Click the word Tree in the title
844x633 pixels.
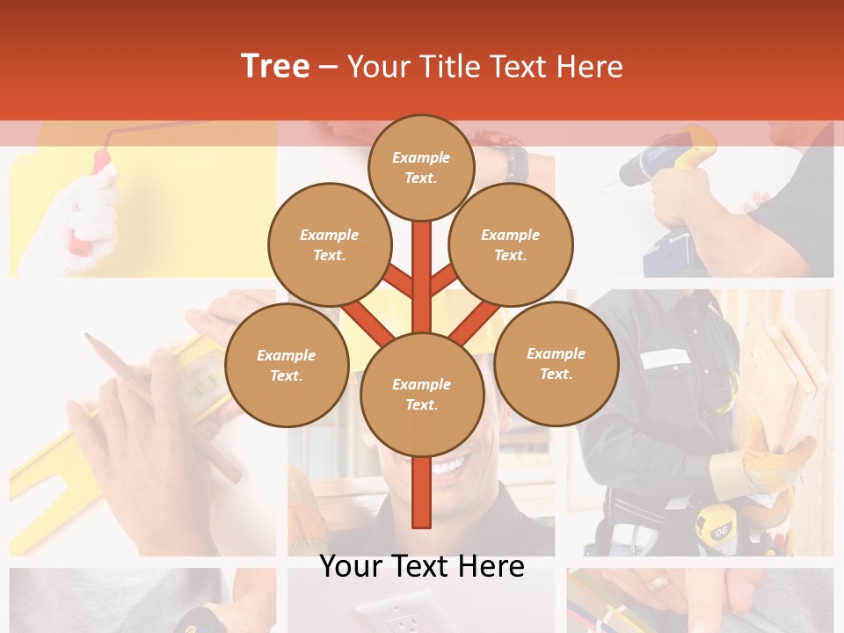(x=274, y=66)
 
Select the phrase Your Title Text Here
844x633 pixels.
(x=484, y=66)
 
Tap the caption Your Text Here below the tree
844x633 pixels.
(x=421, y=566)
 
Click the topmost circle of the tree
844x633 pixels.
(x=421, y=167)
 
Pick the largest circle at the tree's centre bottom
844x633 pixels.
(x=422, y=395)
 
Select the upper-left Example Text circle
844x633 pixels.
(x=329, y=244)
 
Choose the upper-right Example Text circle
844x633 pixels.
(x=511, y=244)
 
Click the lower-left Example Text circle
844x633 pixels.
(x=287, y=366)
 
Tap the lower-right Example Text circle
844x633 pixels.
(x=556, y=363)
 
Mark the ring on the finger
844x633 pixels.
(x=658, y=583)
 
